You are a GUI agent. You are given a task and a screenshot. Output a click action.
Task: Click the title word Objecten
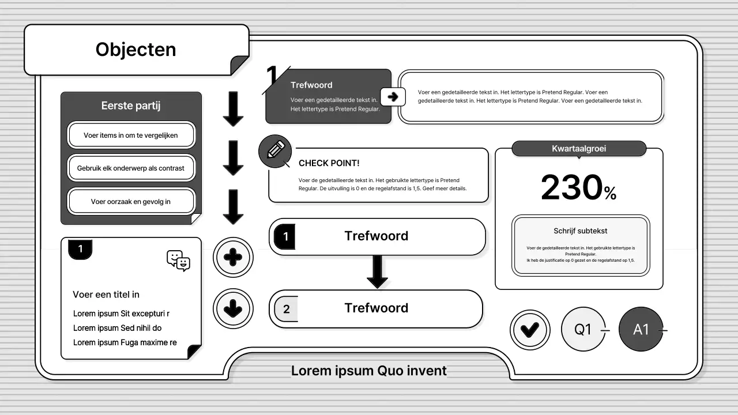[x=135, y=50]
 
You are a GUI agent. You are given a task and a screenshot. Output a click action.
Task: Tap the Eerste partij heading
[x=131, y=105]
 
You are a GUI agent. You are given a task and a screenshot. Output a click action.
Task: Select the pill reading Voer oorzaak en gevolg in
[x=131, y=201]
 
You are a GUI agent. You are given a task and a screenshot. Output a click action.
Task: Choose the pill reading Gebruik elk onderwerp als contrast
[x=131, y=168]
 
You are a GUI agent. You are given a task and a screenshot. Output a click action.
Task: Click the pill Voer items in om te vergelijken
[x=131, y=135]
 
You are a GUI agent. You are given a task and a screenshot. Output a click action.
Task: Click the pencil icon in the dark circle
[x=276, y=150]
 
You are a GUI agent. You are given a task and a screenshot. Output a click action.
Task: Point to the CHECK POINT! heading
[x=329, y=163]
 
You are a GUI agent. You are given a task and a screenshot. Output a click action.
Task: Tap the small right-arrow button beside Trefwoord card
[x=393, y=97]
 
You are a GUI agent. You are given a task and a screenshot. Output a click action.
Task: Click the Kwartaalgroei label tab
[x=579, y=149]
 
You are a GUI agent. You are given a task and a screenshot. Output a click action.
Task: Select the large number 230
[x=571, y=187]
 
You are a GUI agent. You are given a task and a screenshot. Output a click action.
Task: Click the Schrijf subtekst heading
[x=580, y=231]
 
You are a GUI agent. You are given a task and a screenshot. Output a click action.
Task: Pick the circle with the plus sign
[x=233, y=257]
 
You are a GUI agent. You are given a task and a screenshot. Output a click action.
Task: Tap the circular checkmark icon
[x=530, y=330]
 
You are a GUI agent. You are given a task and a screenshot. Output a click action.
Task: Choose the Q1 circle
[x=583, y=329]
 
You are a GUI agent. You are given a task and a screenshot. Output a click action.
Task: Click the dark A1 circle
[x=641, y=329]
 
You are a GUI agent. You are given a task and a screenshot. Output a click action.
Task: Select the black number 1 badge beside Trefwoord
[x=285, y=236]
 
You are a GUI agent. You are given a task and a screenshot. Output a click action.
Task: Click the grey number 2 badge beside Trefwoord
[x=287, y=308]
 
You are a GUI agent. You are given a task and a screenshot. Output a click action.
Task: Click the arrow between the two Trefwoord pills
[x=377, y=271]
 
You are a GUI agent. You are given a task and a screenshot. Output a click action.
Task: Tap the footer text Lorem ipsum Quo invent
[x=368, y=371]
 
